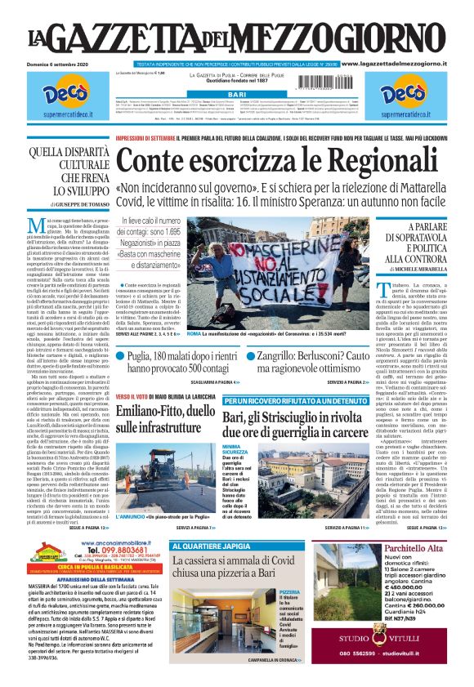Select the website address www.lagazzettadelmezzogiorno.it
tap(404, 64)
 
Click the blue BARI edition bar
tap(237, 95)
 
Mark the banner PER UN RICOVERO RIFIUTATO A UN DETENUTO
tap(296, 401)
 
